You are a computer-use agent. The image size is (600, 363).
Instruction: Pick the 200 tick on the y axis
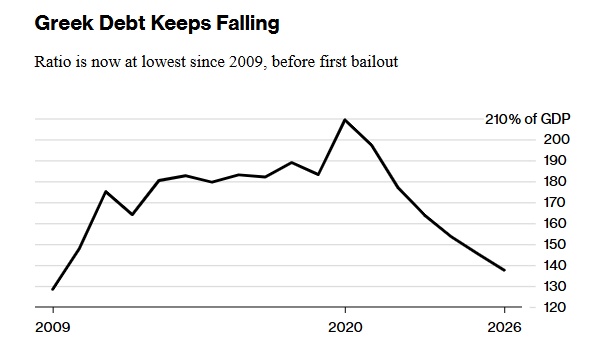point(555,140)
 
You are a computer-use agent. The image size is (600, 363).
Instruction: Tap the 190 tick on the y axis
point(555,161)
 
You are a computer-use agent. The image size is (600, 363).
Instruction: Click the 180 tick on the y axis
point(555,182)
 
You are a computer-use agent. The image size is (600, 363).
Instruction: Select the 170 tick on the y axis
point(555,203)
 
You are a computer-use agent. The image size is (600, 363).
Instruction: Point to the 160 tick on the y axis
point(555,224)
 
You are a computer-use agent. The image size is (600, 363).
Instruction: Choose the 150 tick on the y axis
point(555,245)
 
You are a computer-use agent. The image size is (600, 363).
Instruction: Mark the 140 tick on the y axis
point(555,266)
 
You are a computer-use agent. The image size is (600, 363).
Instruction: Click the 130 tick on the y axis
point(555,287)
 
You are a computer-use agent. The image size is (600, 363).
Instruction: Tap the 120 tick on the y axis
point(555,307)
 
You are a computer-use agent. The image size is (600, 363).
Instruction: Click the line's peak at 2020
point(345,120)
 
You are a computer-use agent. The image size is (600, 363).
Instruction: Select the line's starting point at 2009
point(52,289)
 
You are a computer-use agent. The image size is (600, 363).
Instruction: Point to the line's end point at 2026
point(503,270)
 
